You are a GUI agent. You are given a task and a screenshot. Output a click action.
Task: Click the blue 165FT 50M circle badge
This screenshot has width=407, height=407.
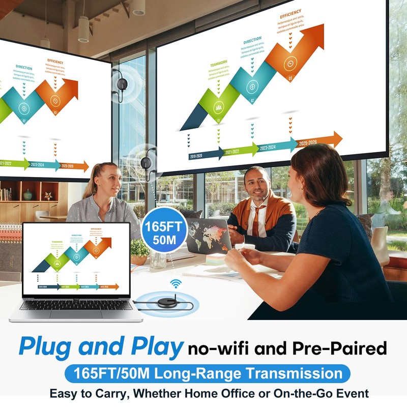164,231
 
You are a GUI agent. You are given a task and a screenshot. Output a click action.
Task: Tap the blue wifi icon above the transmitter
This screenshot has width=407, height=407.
176,283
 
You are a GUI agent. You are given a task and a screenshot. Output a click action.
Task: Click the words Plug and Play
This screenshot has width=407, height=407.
100,347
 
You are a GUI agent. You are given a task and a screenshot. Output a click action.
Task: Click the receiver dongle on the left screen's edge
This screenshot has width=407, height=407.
121,84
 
